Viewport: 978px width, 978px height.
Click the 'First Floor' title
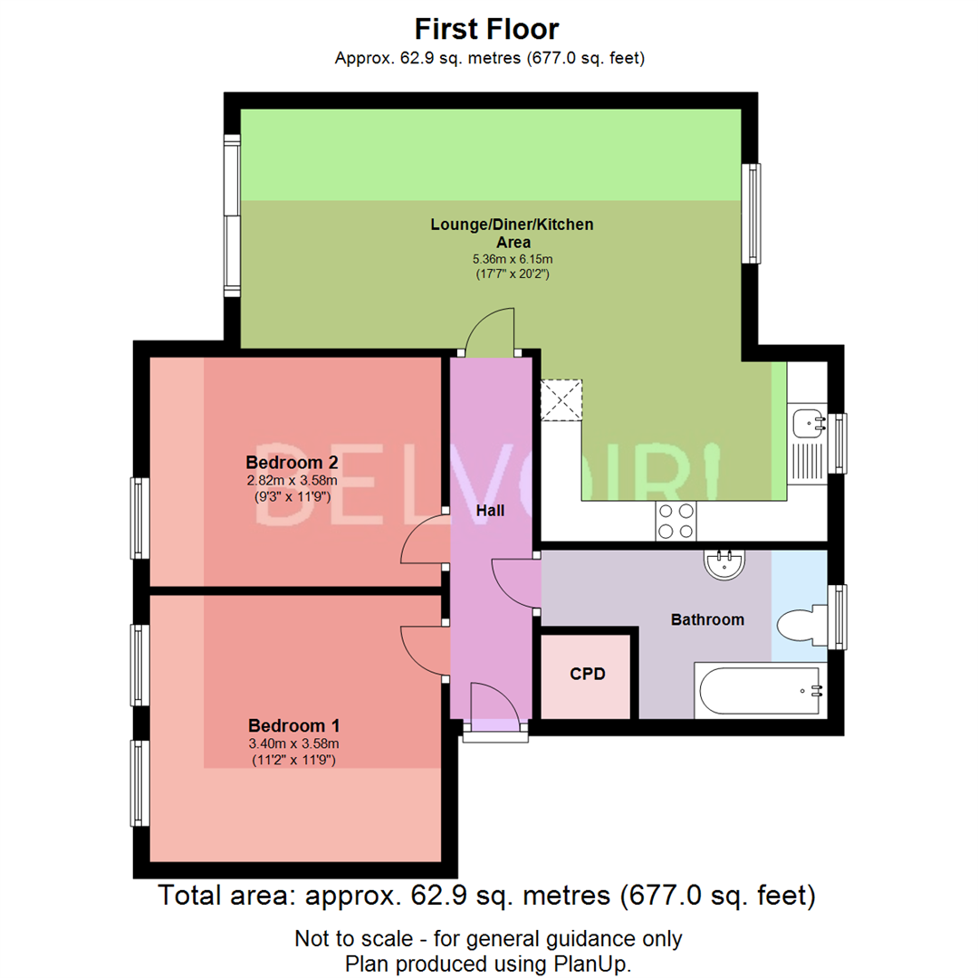click(486, 29)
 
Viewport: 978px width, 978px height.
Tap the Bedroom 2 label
click(292, 462)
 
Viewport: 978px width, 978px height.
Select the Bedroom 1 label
click(293, 725)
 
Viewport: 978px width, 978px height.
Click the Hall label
click(490, 510)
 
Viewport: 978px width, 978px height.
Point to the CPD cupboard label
click(588, 674)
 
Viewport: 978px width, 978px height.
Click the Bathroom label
click(707, 619)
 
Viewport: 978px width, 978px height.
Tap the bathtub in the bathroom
click(761, 690)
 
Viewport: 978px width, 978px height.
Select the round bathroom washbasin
click(724, 564)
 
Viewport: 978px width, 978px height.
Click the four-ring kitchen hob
click(676, 521)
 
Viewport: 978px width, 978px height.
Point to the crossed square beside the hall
click(561, 400)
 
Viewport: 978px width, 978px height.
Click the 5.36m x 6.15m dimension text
click(513, 259)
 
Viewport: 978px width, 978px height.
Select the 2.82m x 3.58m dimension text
click(292, 480)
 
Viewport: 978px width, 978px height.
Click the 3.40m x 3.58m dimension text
click(293, 743)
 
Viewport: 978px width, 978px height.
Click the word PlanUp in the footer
click(590, 964)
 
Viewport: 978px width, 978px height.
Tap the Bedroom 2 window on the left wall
click(140, 518)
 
